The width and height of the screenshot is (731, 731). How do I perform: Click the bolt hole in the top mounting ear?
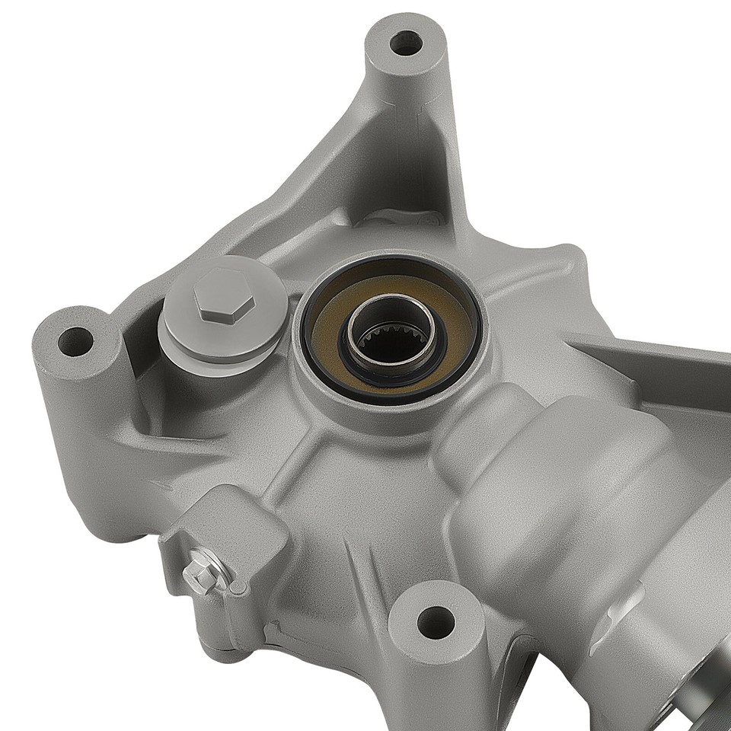(405, 42)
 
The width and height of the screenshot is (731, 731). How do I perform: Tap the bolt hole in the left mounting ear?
(75, 341)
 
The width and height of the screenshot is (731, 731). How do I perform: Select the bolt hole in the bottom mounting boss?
(436, 623)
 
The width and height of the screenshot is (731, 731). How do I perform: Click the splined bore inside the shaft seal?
(392, 344)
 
